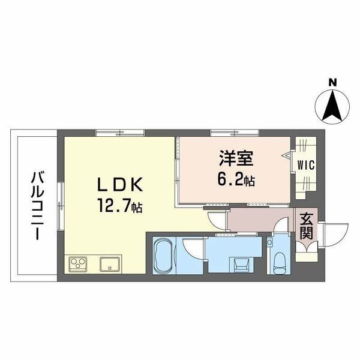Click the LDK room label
[x=120, y=185]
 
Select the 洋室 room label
[x=236, y=158]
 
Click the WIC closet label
[x=306, y=165]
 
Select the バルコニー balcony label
[x=37, y=206]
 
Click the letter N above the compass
[x=332, y=82]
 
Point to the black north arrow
[x=332, y=106]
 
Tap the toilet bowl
[x=280, y=263]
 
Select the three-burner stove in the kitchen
[x=78, y=264]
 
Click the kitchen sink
[x=110, y=264]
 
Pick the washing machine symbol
[x=242, y=264]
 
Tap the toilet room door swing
[x=281, y=226]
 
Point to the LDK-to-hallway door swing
[x=217, y=220]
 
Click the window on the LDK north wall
[x=119, y=133]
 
